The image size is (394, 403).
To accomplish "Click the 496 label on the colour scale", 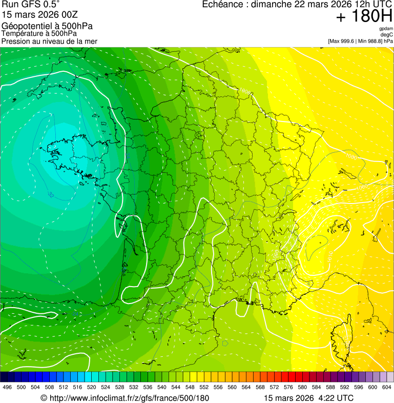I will (x=7, y=387).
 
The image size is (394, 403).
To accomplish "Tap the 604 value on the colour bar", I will (x=387, y=387).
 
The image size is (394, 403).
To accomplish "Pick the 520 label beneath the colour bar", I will (x=92, y=387).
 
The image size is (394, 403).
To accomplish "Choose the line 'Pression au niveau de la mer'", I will (x=49, y=41).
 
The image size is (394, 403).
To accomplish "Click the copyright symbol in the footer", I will (x=44, y=398).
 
